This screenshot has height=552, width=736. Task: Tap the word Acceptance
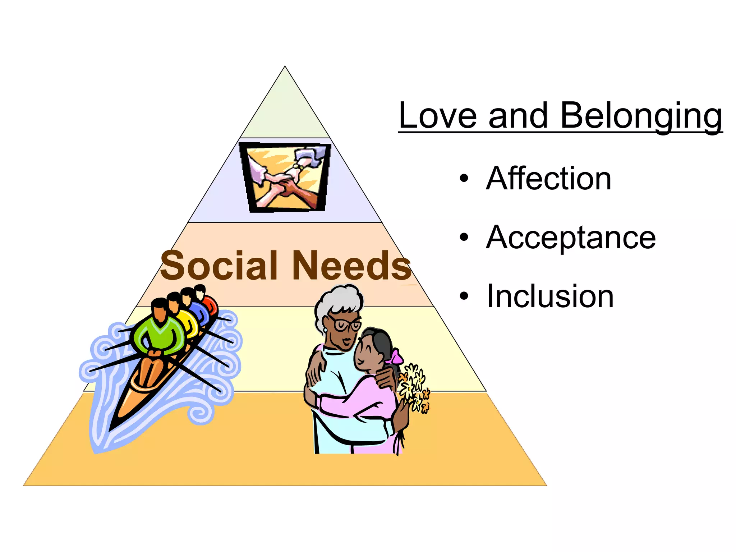pos(571,237)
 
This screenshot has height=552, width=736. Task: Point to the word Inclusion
pos(550,296)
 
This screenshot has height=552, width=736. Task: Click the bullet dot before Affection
pos(464,178)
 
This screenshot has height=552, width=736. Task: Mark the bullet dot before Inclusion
pos(464,296)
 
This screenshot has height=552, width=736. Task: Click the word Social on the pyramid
pos(219,266)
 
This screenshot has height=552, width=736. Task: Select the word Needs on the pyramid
pos(351,266)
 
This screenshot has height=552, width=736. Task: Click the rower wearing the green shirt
pos(158,332)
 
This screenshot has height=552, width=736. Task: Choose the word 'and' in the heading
pos(517,116)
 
